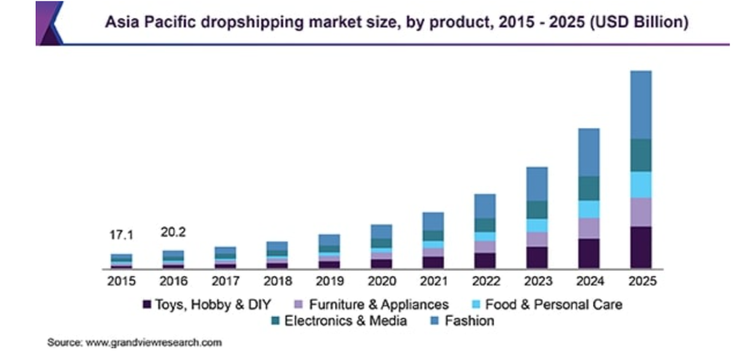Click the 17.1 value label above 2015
tap(122, 235)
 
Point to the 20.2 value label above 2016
tap(173, 232)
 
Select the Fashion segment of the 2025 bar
tap(641, 104)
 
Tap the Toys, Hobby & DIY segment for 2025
tap(641, 247)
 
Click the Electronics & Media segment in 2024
tap(589, 188)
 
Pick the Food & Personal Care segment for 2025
tap(641, 184)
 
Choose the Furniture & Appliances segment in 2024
tap(589, 228)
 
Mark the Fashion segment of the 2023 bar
tap(537, 184)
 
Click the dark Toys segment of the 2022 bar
tap(485, 260)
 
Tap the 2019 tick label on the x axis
tap(329, 281)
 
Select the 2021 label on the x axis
tap(433, 281)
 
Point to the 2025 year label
tap(641, 281)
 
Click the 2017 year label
tap(225, 281)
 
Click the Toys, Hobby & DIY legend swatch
tap(147, 305)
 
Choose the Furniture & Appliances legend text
tap(378, 305)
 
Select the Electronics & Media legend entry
tap(345, 321)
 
